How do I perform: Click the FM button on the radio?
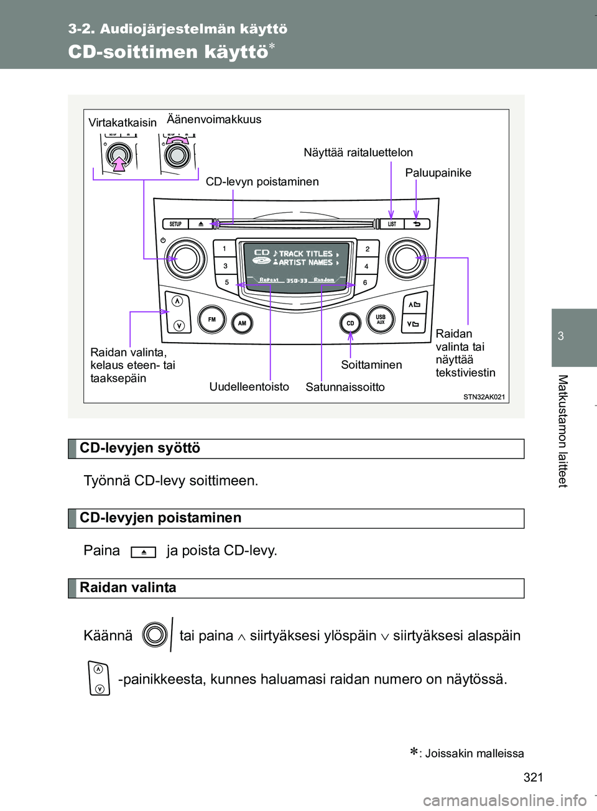212,320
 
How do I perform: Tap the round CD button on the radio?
350,323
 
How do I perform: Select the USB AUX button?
381,319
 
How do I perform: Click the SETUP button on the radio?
176,224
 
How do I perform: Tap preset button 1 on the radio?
224,249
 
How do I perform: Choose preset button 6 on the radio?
365,282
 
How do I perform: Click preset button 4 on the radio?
366,266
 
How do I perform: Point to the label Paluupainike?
438,173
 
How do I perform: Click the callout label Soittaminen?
371,365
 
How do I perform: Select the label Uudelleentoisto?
249,387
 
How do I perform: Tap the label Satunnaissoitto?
345,387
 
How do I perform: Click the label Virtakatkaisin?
123,123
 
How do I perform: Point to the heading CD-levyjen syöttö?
140,448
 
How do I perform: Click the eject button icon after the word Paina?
144,552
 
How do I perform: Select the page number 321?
533,777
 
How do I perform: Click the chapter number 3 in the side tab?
561,336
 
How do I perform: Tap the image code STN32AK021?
484,397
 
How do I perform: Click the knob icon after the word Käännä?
155,635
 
